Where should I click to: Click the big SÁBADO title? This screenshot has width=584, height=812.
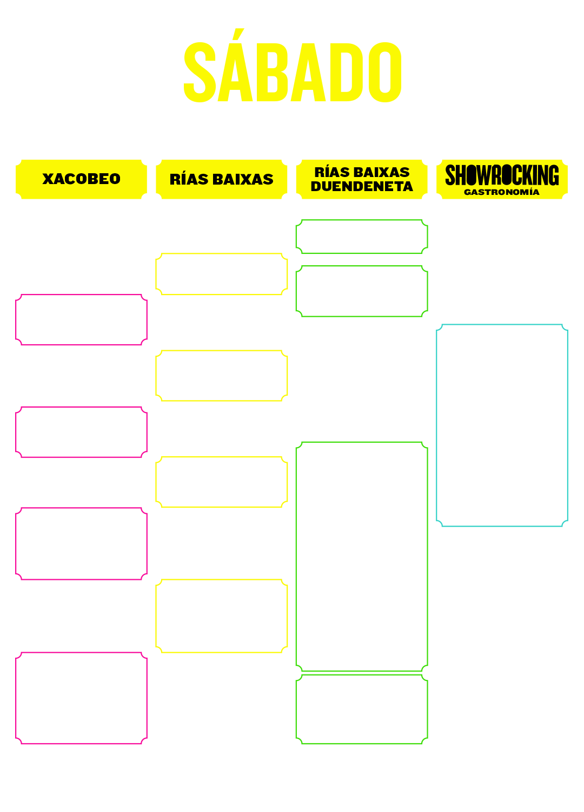click(293, 66)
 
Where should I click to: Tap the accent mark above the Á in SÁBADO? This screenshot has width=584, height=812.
click(238, 34)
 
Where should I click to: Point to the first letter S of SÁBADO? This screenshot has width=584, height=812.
click(200, 72)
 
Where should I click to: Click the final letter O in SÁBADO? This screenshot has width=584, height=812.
click(385, 72)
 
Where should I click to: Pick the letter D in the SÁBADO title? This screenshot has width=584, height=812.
click(347, 72)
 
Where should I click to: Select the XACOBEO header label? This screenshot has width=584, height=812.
click(82, 179)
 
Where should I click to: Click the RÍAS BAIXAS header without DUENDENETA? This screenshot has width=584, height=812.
click(222, 179)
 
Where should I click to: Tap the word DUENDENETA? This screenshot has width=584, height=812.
click(362, 187)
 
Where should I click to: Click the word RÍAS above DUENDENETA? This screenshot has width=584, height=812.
click(331, 172)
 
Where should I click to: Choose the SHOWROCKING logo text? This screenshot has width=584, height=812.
click(502, 175)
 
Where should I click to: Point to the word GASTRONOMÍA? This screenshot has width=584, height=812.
click(502, 192)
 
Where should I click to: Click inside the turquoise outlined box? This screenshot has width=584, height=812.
click(502, 425)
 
